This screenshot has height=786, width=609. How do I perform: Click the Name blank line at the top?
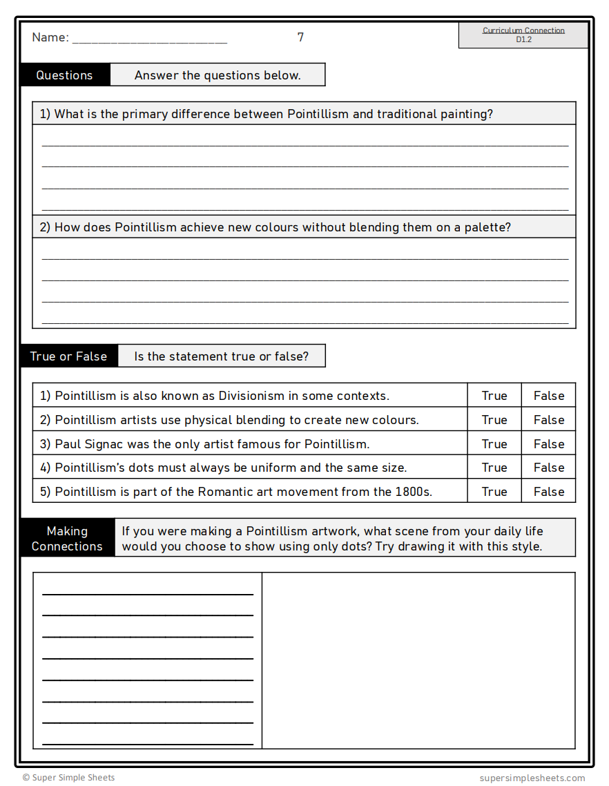point(149,39)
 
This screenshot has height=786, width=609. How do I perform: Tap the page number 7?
point(300,37)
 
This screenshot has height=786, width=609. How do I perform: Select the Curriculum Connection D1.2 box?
point(523,35)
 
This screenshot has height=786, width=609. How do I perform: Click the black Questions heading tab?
point(64,75)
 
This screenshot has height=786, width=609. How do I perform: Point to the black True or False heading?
point(68,356)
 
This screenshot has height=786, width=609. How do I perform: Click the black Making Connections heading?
point(67,538)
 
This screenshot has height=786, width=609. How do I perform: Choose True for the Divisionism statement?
point(494,396)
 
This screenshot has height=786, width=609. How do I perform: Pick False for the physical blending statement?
point(549,420)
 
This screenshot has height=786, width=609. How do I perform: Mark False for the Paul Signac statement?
point(549,444)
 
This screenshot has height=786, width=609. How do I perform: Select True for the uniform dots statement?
point(494,468)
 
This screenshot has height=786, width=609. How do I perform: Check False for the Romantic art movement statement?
point(549,492)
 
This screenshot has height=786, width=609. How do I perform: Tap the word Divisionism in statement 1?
point(251,396)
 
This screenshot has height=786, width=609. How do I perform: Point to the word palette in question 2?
point(487,227)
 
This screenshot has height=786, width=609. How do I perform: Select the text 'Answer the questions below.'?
point(217,75)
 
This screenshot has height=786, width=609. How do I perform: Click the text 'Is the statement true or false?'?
point(221,356)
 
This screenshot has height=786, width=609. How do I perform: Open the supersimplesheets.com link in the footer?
point(532,778)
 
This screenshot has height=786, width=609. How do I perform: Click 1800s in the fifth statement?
point(414,492)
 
